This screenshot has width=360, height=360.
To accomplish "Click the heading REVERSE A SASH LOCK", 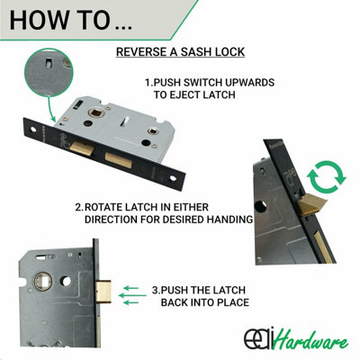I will [x=179, y=52].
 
